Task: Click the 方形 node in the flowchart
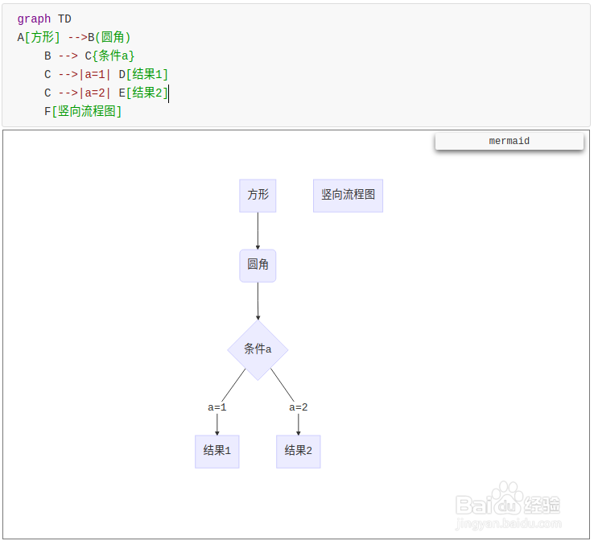[x=258, y=196]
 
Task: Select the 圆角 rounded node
[x=258, y=265]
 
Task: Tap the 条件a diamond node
[x=258, y=349]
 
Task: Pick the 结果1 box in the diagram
[x=217, y=451]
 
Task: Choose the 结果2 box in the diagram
[x=298, y=451]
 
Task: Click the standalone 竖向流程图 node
[x=348, y=196]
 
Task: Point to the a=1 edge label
[x=217, y=407]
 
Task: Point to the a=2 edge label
[x=299, y=407]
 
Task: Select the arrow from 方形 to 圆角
[x=258, y=231]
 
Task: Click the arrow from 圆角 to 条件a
[x=258, y=301]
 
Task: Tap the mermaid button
[x=509, y=141]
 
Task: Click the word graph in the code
[x=34, y=19]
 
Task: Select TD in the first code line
[x=64, y=19]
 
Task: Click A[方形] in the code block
[x=38, y=37]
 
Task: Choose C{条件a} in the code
[x=109, y=56]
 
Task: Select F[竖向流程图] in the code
[x=83, y=111]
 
